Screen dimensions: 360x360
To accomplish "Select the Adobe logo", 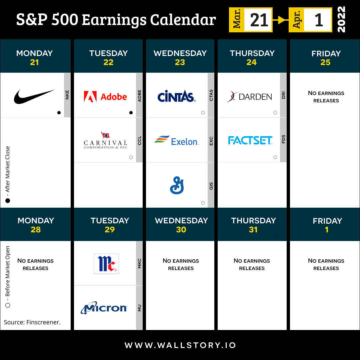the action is [x=105, y=97].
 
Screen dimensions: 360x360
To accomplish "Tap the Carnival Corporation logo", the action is [x=105, y=140].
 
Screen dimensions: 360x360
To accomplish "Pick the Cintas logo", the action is [x=177, y=96].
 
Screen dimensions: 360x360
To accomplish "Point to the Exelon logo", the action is [x=177, y=140].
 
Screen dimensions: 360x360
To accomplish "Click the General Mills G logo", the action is [x=177, y=185].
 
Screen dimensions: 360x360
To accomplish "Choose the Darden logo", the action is [x=249, y=96].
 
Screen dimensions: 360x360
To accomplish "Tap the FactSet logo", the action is [x=250, y=140].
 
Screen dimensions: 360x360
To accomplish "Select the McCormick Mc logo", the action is [x=106, y=264].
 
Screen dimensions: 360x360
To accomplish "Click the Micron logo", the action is [x=104, y=308].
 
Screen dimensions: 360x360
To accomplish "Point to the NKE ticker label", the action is [x=67, y=95].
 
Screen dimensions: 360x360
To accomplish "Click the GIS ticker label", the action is [x=211, y=186].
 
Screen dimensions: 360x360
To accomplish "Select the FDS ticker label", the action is [x=284, y=139].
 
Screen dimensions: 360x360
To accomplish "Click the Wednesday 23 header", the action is [x=180, y=58].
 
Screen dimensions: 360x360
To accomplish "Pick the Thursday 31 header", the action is [x=253, y=225].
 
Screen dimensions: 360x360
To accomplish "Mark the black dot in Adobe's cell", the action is [x=131, y=113].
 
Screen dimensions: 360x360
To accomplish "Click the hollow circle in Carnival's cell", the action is [x=131, y=157].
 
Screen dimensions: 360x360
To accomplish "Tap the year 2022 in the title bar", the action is [x=341, y=19].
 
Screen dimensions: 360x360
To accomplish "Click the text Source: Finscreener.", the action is [x=32, y=322].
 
